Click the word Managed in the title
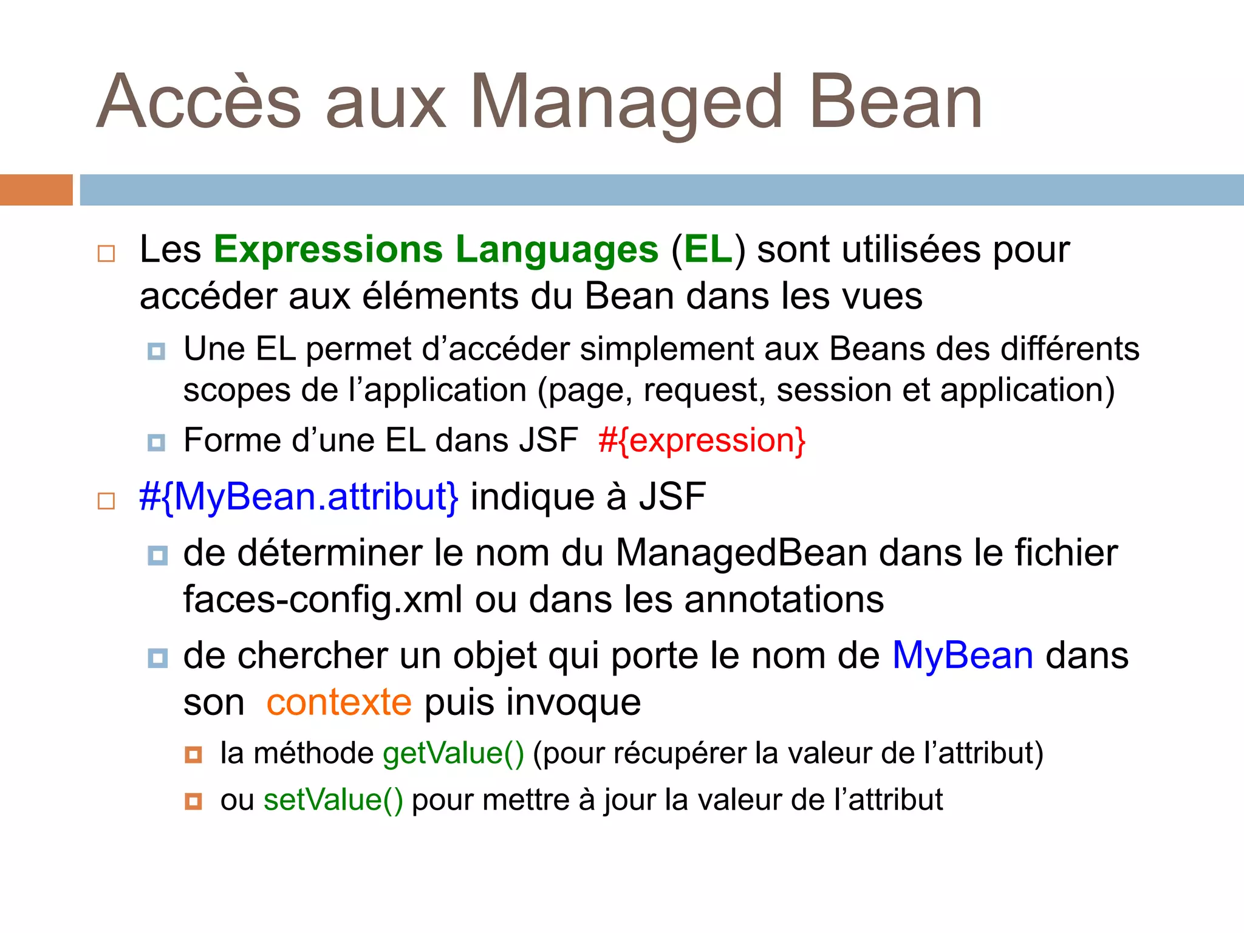click(626, 103)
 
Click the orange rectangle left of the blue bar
click(36, 190)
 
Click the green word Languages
click(557, 250)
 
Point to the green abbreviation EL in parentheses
click(708, 250)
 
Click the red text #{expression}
click(702, 440)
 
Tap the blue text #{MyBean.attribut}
click(299, 497)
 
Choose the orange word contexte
click(339, 703)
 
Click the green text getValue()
click(453, 753)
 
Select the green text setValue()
click(333, 800)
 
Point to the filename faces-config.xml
click(323, 600)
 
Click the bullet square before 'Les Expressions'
click(106, 253)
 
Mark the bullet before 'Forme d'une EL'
click(156, 442)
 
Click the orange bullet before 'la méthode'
click(193, 755)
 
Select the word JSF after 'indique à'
click(672, 497)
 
